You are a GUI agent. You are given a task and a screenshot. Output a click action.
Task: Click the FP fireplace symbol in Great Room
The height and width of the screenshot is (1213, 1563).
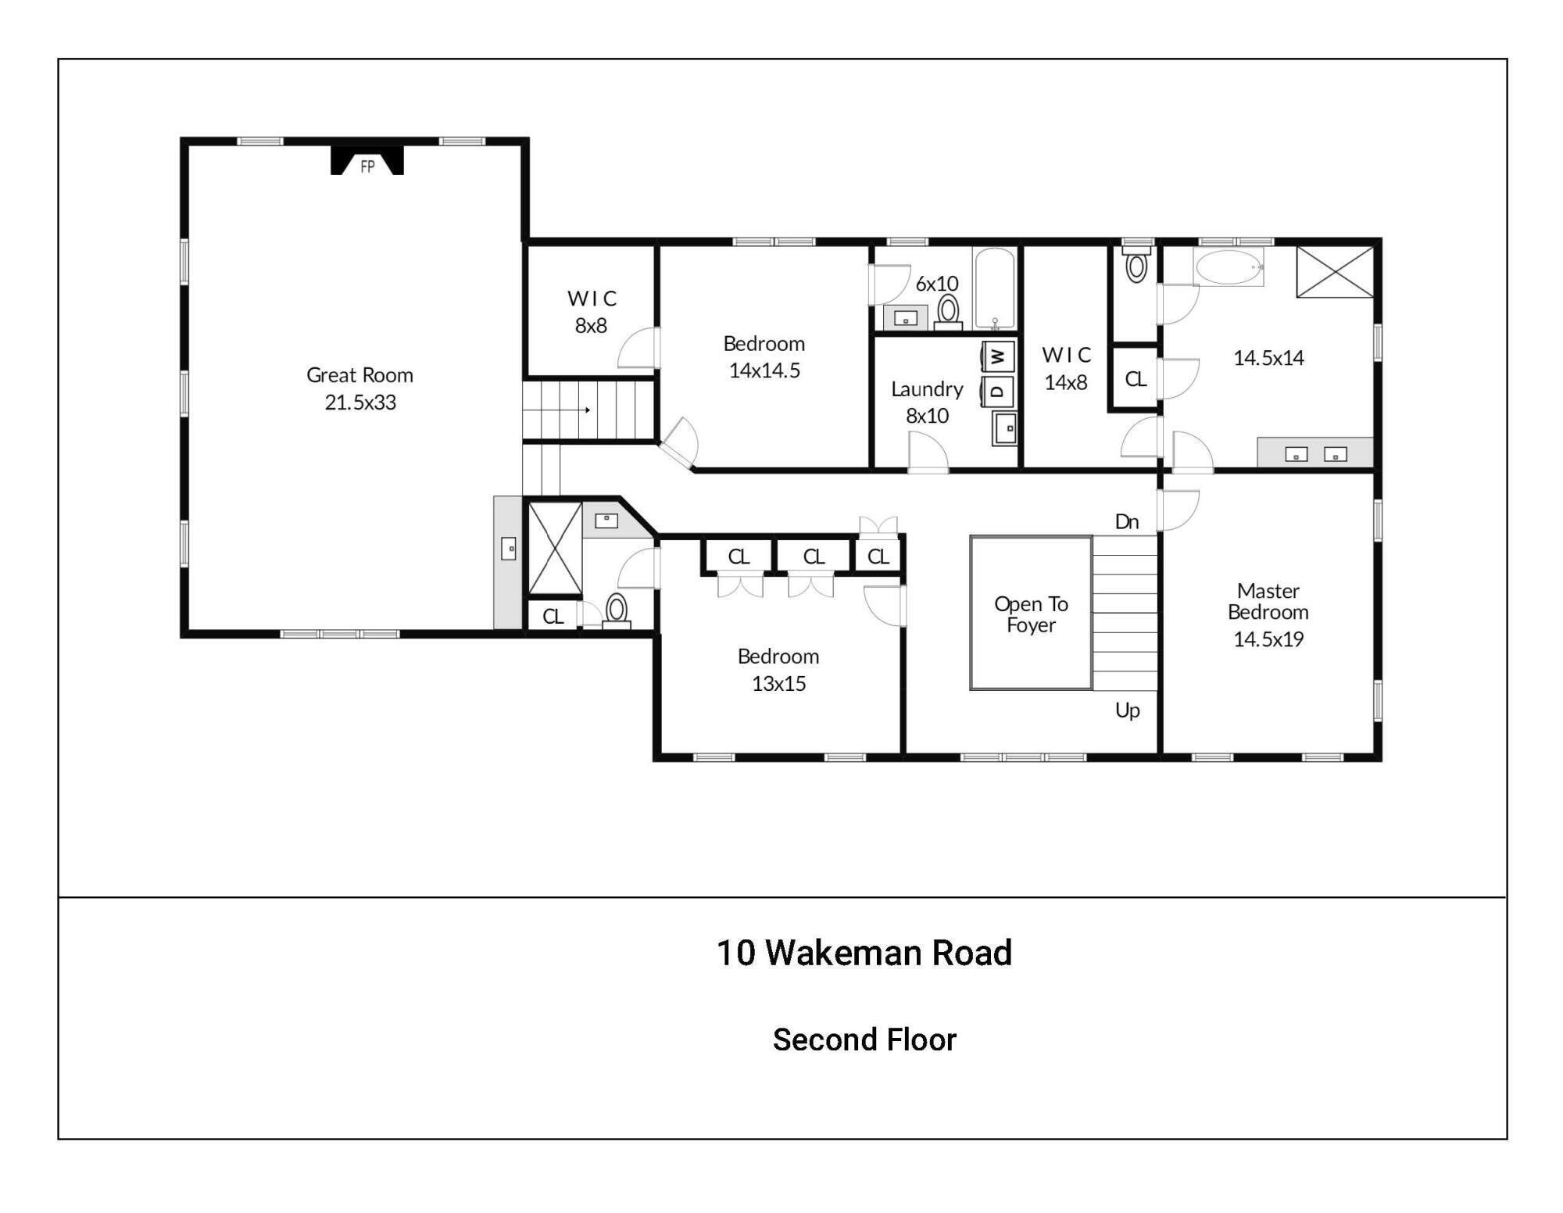[x=367, y=163]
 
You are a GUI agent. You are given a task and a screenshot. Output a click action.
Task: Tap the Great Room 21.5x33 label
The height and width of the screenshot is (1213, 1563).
[x=360, y=388]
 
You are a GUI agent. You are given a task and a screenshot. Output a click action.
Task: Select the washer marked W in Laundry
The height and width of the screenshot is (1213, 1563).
[x=998, y=357]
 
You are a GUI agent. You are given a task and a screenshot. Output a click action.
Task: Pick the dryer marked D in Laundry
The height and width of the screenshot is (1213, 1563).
[x=998, y=391]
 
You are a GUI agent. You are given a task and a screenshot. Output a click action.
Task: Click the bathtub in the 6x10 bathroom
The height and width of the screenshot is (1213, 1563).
[x=994, y=287]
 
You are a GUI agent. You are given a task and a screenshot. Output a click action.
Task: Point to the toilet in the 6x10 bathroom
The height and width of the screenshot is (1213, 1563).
[x=948, y=310]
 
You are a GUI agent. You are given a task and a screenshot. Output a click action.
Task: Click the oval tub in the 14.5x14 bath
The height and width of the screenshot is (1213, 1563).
[x=1228, y=267]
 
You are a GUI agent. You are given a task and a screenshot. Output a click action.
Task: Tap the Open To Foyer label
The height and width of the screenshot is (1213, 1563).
[x=1031, y=614]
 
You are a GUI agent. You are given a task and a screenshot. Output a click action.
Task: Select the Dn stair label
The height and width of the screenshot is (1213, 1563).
[x=1126, y=522]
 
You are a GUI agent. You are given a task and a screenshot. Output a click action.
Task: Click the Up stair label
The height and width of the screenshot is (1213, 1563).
[x=1127, y=710]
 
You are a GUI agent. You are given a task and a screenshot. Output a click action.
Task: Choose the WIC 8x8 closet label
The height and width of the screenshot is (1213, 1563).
[x=592, y=312]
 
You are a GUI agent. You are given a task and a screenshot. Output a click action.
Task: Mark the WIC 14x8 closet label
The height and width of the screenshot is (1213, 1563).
[x=1066, y=369]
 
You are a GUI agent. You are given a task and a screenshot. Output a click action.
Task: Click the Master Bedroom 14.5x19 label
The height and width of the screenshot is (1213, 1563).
[x=1268, y=614]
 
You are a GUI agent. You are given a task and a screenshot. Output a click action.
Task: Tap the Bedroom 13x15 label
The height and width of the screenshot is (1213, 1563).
[x=778, y=670]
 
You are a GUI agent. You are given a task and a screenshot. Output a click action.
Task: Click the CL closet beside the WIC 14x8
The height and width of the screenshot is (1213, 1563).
[x=1135, y=379]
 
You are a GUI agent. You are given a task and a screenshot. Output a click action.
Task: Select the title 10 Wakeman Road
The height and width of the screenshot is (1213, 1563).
[x=864, y=953]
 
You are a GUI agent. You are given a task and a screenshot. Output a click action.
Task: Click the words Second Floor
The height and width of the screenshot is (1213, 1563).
[x=864, y=1039]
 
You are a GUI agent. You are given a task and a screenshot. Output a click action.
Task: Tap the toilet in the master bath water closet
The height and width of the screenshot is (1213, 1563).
[x=1136, y=266]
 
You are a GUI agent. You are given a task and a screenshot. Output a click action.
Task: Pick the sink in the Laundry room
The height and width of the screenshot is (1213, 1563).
[x=1004, y=428]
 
